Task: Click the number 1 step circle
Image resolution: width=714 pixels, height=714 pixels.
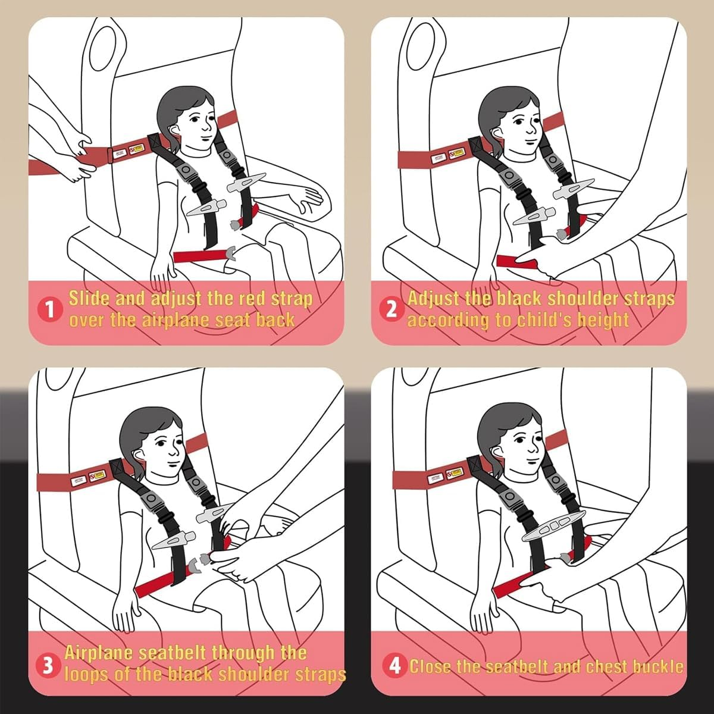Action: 49,310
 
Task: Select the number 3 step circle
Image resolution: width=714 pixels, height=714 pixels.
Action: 48,665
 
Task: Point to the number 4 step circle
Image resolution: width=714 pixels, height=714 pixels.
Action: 394,666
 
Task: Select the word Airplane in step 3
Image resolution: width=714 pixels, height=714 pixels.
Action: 98,653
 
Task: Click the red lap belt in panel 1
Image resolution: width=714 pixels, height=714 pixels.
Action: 200,256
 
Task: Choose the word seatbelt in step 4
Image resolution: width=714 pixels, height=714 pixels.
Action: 518,666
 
